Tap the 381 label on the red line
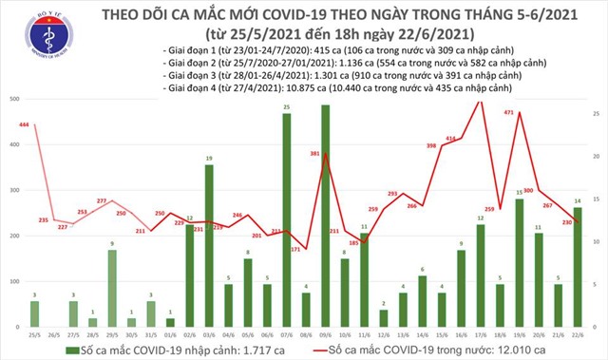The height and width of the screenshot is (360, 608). [314, 153]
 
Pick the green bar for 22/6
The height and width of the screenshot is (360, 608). [579, 265]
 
